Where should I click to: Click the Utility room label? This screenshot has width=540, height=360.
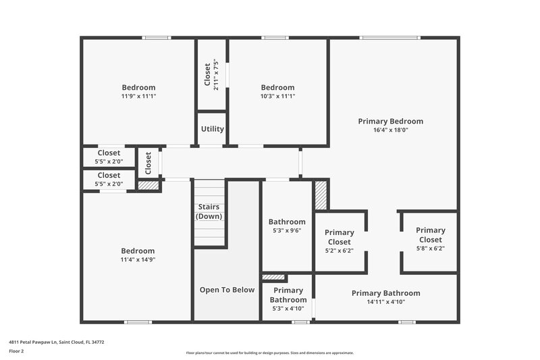[212, 129]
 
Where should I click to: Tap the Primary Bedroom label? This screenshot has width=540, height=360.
[390, 122]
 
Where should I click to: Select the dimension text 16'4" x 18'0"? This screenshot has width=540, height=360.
[390, 130]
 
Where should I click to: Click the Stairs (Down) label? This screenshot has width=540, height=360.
[209, 211]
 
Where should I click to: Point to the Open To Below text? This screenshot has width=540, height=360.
[227, 290]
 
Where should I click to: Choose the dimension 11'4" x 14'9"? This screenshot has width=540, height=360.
[138, 259]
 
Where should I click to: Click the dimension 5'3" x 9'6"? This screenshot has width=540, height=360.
[287, 230]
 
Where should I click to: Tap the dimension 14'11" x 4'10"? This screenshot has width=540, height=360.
[385, 302]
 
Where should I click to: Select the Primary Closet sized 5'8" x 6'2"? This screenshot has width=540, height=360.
[430, 239]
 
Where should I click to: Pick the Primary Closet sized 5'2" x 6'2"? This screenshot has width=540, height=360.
[340, 241]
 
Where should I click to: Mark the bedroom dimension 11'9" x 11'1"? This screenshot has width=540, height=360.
[138, 96]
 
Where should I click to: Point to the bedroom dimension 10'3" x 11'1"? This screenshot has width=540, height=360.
[277, 96]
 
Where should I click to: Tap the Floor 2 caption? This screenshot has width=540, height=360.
[16, 351]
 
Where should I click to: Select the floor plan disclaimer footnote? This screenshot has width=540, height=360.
[269, 353]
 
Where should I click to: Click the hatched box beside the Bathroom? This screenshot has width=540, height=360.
[321, 196]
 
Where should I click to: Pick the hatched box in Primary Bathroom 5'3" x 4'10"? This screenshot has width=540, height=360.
[273, 277]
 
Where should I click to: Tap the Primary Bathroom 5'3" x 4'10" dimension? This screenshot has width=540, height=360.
[288, 309]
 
